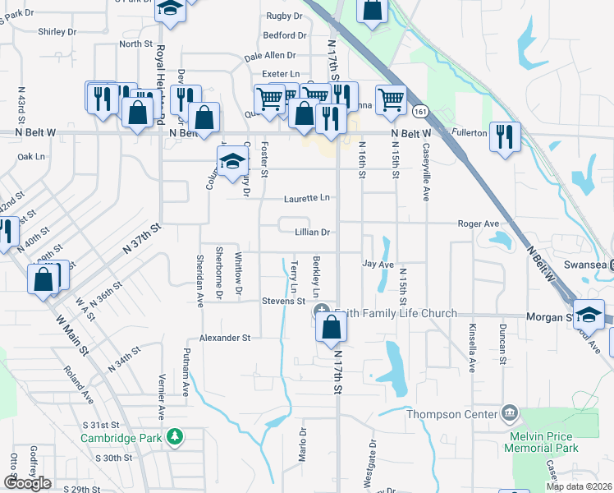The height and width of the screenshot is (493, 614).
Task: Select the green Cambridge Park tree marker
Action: click(173, 436)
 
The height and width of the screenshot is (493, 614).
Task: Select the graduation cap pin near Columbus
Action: click(232, 163)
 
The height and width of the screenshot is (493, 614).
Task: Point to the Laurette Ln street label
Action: click(307, 198)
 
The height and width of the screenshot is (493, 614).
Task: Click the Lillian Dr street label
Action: click(312, 233)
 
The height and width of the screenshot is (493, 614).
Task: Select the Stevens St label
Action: click(283, 302)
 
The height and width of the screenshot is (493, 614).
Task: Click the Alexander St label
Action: click(225, 338)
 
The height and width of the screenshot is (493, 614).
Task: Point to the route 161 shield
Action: click(420, 110)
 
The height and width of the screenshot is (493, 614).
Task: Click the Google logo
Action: click(27, 483)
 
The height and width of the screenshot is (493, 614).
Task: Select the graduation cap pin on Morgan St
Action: click(589, 316)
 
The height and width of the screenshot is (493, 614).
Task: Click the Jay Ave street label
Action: click(379, 265)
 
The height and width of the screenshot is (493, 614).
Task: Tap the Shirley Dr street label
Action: click(57, 31)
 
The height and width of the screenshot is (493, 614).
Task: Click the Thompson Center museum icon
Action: click(510, 411)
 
